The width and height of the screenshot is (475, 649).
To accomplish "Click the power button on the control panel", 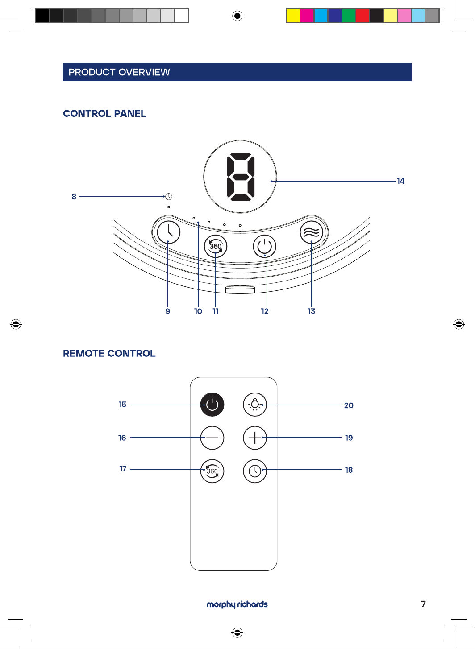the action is pos(264,246).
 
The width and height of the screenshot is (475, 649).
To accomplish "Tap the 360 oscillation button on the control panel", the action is pos(216,246).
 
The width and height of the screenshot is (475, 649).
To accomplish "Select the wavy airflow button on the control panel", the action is pos(312,232).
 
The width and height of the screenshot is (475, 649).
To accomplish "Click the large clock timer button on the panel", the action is pos(168,232).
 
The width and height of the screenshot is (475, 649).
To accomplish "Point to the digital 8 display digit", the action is pos(240,177).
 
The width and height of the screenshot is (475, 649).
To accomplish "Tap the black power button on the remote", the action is pos(212,405).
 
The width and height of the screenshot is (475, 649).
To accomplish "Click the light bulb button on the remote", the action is pos(255,405).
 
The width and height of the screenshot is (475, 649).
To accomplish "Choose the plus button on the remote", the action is pos(255,438).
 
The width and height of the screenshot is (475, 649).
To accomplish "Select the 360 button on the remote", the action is pos(212,471).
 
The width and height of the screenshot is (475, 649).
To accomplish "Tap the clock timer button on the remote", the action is pos(255,471).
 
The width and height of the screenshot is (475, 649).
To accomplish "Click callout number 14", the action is pos(400,181).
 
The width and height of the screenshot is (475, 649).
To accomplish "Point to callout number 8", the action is pos(74,197).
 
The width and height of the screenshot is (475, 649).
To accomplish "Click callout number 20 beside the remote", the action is pos(349,405).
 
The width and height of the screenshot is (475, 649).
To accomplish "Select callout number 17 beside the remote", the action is pos(123,469).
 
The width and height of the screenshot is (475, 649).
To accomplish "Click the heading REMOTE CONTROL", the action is pos(109,353).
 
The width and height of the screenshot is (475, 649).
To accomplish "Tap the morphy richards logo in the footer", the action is pos(237,604).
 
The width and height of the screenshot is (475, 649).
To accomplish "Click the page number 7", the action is pos(423,604).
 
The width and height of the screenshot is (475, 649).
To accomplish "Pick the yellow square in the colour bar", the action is pos(293,16).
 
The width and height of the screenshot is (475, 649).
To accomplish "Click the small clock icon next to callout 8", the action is pos(168,196).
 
